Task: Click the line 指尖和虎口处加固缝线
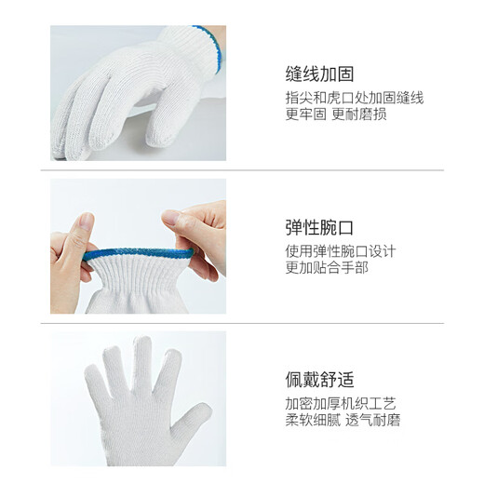click(x=354, y=97)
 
